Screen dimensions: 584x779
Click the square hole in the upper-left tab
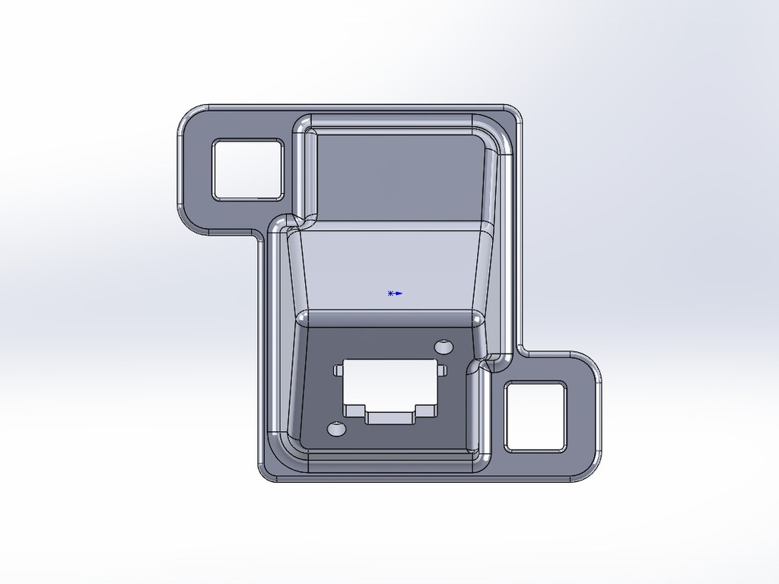pyautogui.click(x=247, y=170)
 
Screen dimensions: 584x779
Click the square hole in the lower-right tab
pyautogui.click(x=535, y=416)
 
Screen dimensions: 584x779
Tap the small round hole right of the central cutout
pyautogui.click(x=444, y=348)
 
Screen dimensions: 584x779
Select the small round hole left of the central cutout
pyautogui.click(x=336, y=430)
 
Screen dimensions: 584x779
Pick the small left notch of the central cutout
pyautogui.click(x=339, y=371)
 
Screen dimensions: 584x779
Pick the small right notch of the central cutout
pyautogui.click(x=440, y=370)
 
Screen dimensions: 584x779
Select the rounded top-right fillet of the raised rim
pyautogui.click(x=502, y=137)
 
